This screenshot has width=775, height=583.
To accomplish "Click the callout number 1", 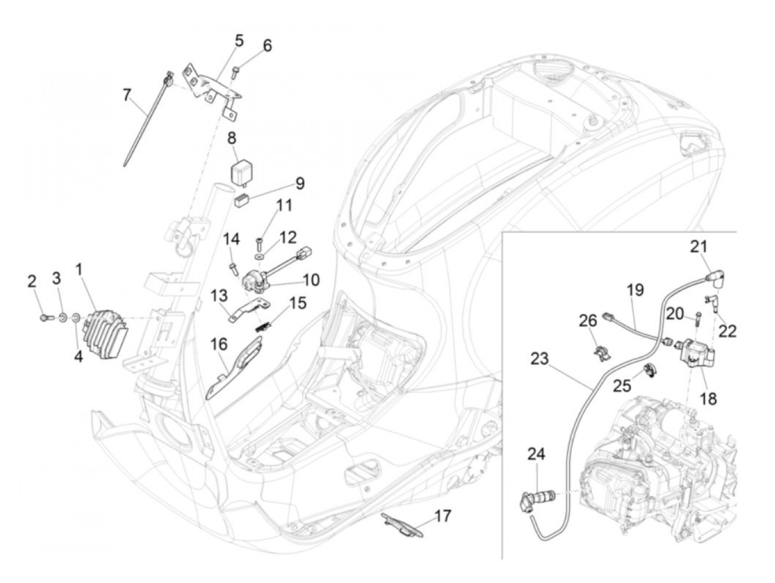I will (x=79, y=270).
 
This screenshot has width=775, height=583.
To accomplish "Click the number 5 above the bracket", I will (x=239, y=41).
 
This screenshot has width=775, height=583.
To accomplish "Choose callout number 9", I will (x=299, y=183).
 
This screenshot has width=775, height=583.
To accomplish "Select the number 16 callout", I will (x=219, y=345).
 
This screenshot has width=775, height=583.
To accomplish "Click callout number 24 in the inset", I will (x=536, y=454).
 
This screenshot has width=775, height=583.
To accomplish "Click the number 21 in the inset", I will (x=699, y=247).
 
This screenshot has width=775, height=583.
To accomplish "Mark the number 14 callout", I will (x=231, y=240).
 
